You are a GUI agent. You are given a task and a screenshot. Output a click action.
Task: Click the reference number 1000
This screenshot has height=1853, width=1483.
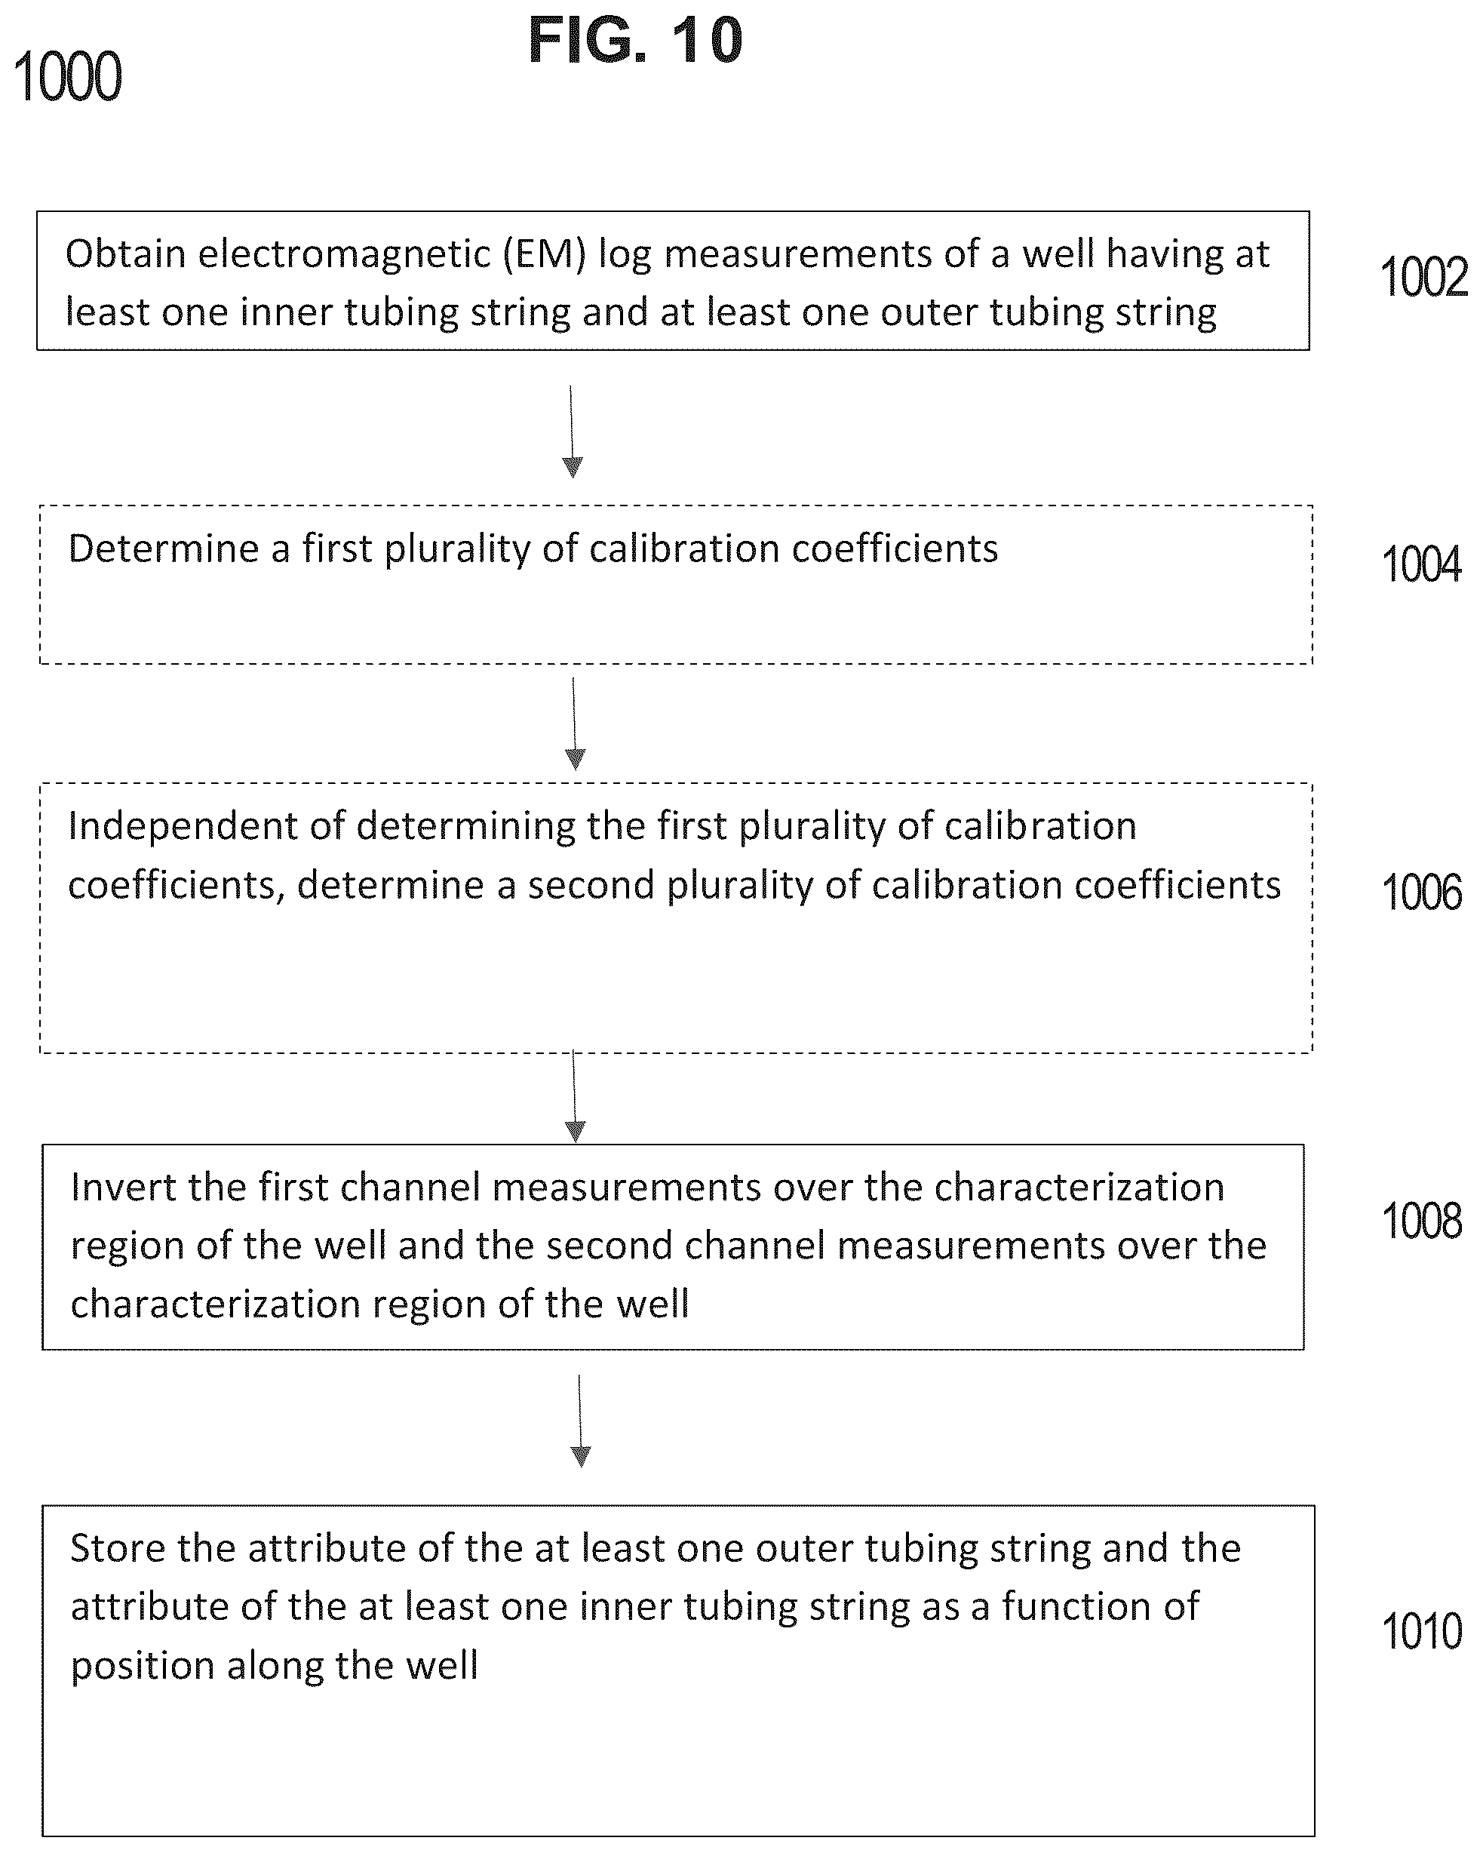pos(68,78)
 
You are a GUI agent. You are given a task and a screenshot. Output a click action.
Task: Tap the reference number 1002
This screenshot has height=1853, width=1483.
pos(1423,278)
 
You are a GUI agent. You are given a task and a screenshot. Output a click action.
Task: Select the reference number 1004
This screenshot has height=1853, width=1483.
pos(1421,564)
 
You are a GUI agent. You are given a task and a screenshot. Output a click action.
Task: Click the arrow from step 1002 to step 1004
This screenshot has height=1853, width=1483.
pos(571,432)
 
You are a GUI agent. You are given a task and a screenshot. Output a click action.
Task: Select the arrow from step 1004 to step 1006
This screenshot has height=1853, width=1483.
pos(574,724)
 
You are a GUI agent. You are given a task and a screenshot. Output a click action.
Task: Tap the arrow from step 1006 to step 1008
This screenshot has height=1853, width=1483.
pos(574,1097)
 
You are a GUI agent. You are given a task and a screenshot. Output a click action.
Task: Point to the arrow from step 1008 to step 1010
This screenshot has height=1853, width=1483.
pos(580,1421)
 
